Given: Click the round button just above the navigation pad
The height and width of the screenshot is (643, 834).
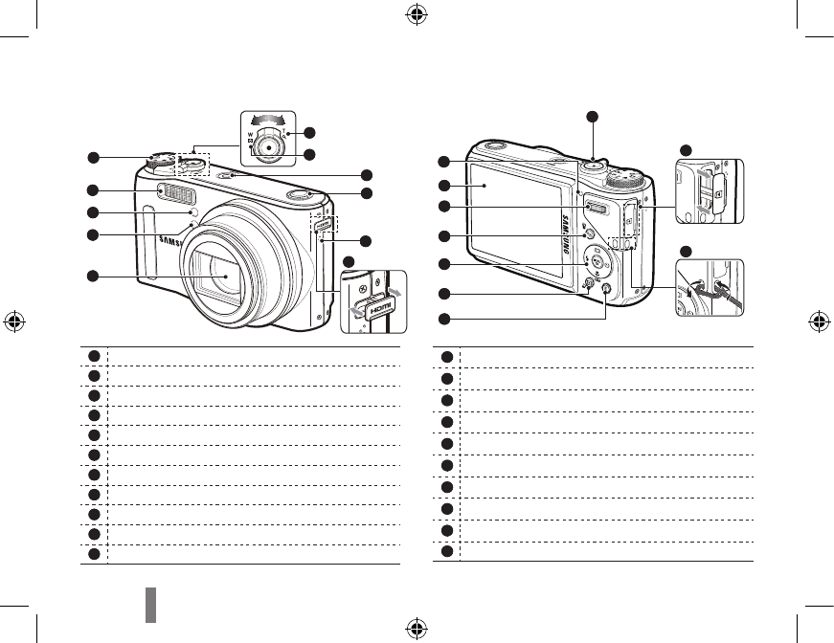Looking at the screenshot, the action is click(589, 233).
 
